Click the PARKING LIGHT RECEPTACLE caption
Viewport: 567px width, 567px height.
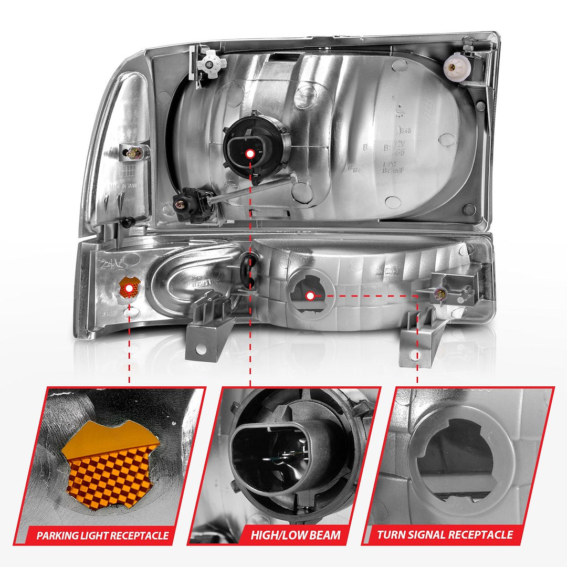103,536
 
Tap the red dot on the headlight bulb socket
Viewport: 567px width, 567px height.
250,153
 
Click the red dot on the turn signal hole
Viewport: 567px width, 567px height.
310,296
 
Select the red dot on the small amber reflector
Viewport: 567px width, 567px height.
129,288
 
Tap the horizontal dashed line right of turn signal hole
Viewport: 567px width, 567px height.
367,296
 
